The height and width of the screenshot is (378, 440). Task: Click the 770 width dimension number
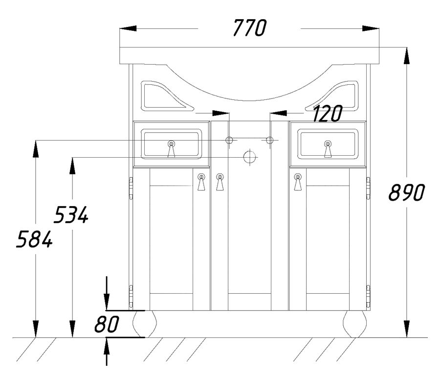(249, 27)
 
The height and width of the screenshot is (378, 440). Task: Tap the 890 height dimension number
(407, 192)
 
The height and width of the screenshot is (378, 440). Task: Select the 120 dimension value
(327, 114)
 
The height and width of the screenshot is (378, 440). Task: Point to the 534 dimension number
(71, 214)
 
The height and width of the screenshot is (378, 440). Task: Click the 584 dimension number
(34, 239)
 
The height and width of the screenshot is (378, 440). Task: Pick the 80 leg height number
(107, 324)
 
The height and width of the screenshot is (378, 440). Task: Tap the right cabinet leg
(355, 324)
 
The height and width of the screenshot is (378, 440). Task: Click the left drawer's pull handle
(171, 149)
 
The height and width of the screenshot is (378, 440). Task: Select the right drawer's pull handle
(328, 149)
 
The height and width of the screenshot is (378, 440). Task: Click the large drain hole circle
(249, 157)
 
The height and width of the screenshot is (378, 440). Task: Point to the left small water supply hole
(229, 140)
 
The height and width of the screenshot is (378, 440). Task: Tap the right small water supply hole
(269, 140)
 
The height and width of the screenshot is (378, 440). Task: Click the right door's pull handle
(298, 182)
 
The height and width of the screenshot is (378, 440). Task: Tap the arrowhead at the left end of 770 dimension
(128, 28)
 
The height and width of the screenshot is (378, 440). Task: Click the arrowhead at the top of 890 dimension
(407, 56)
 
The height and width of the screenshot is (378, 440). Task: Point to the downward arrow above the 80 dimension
(107, 293)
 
